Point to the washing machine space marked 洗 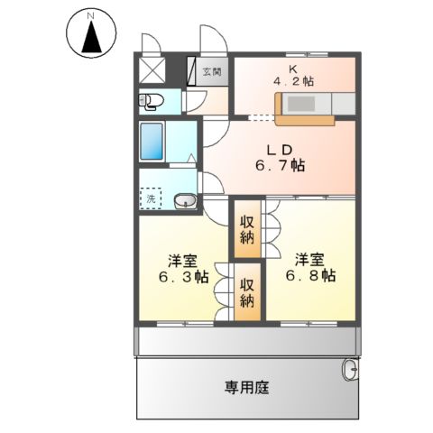(151, 198)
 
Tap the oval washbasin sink (183, 200)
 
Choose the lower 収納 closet (246, 290)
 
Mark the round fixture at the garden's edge (350, 368)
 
